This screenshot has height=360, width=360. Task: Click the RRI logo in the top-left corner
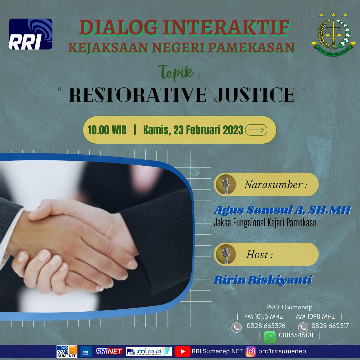(x=31, y=34)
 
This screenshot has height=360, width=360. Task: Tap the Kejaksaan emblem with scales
(x=333, y=34)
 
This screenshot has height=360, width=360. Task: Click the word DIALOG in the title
(x=119, y=28)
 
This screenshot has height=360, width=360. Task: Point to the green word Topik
(x=176, y=72)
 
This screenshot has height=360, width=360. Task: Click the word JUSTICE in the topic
(x=254, y=95)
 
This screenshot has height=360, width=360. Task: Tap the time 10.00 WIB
(x=107, y=130)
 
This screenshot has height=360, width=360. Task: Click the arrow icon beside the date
(x=256, y=130)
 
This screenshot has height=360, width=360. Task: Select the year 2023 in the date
(x=233, y=130)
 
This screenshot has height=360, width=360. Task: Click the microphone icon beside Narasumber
(x=226, y=184)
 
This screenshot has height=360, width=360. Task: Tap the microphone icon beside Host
(x=226, y=254)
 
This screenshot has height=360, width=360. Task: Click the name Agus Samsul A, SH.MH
(x=282, y=210)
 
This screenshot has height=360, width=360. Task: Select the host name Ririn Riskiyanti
(x=263, y=280)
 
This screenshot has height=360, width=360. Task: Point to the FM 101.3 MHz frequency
(x=263, y=316)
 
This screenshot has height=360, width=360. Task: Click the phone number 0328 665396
(x=266, y=326)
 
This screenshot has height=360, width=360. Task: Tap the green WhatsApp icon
(x=270, y=337)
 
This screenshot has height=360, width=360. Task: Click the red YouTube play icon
(x=183, y=352)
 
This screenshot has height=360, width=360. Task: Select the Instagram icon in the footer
(x=250, y=352)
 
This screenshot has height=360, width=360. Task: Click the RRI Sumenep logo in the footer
(x=67, y=352)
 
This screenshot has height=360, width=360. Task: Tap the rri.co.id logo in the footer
(x=149, y=352)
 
